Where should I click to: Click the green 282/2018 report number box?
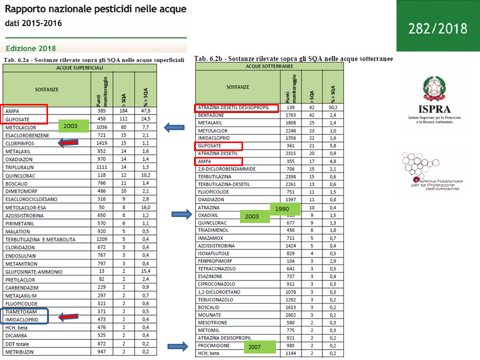click(437, 26)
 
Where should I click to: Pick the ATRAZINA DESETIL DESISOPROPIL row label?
click(233, 107)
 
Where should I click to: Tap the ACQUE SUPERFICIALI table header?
click(80, 67)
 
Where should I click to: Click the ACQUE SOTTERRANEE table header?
click(269, 66)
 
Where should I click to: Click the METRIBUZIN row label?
click(21, 352)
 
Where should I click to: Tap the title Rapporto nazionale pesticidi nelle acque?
click(95, 9)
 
